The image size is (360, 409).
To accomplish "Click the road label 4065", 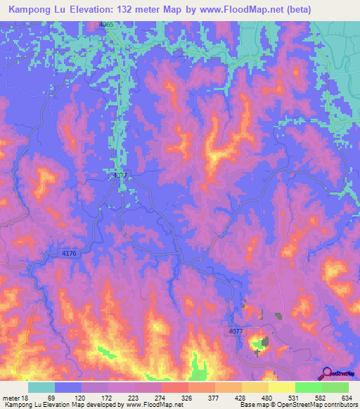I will (106, 25).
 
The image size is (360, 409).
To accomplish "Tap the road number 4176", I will (68, 252).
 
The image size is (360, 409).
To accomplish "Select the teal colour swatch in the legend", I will (41, 387).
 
